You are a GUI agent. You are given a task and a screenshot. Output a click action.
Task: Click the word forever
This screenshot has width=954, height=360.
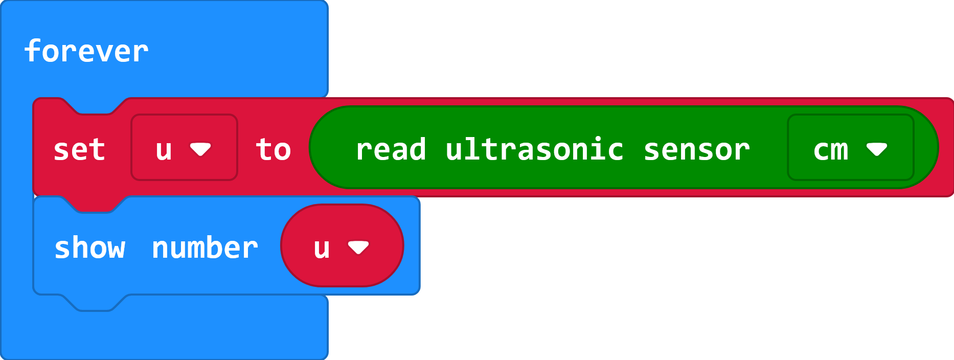pyautogui.click(x=86, y=51)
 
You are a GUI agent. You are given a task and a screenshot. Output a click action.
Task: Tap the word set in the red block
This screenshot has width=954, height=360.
pyautogui.click(x=79, y=150)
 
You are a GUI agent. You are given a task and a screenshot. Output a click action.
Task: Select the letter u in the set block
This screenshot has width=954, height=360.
pyautogui.click(x=164, y=150)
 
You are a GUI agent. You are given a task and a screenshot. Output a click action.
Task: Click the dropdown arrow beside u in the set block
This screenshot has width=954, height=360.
pyautogui.click(x=200, y=149)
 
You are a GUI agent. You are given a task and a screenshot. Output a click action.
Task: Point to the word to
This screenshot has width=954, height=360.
pyautogui.click(x=273, y=150)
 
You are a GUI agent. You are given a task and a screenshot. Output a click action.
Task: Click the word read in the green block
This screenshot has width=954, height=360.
pyautogui.click(x=391, y=150)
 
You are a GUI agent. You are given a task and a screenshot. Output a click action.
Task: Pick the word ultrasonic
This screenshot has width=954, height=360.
pyautogui.click(x=534, y=150)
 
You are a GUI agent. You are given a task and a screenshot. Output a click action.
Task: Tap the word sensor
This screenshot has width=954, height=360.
pyautogui.click(x=696, y=150)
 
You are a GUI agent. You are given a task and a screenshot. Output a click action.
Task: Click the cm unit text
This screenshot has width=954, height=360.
pyautogui.click(x=831, y=150)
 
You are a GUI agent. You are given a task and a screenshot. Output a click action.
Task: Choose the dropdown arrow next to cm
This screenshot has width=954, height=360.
pyautogui.click(x=877, y=149)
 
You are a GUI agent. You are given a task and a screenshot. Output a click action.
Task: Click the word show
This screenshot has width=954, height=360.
pyautogui.click(x=90, y=248)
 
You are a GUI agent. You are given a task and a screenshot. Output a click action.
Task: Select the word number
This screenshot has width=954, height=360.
pyautogui.click(x=205, y=248)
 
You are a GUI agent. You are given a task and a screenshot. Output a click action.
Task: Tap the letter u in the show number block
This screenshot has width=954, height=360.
pyautogui.click(x=322, y=248)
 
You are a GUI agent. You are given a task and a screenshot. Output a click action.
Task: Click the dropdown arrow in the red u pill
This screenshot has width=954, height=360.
pyautogui.click(x=358, y=247)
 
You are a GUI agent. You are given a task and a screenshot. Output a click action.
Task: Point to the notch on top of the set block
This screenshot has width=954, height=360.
pyautogui.click(x=95, y=106)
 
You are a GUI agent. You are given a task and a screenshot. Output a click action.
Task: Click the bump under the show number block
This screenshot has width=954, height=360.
pyautogui.click(x=95, y=303)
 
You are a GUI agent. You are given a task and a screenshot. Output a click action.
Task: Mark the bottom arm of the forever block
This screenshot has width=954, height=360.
pyautogui.click(x=164, y=332)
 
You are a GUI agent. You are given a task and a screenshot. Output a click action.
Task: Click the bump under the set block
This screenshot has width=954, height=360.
pyautogui.click(x=95, y=205)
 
